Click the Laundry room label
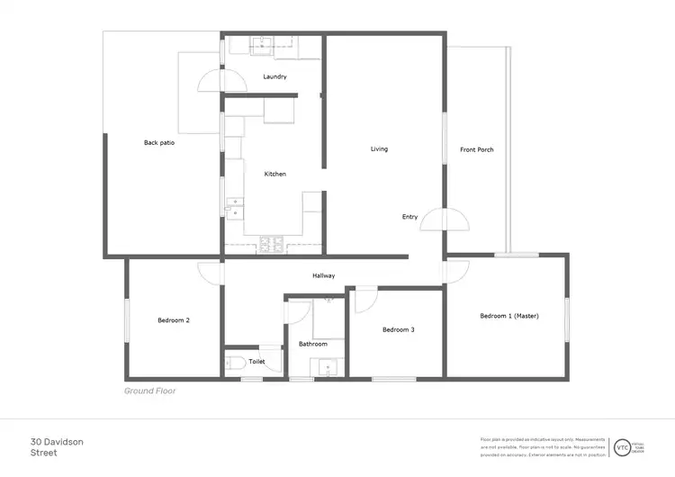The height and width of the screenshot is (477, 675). pos(274,76)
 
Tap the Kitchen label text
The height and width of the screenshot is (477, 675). pos(274,174)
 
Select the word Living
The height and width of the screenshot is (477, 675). pos(379,148)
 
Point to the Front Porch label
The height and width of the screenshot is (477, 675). pos(476,149)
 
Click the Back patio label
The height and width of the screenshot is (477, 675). pos(159,142)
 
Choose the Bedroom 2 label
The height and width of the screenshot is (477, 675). pos(173,319)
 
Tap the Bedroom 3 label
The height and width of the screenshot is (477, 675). pos(398,329)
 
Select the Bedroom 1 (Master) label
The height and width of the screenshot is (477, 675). pos(508,315)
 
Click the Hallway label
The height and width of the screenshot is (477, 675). pos(324,275)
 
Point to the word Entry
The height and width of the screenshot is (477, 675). pos(409,217)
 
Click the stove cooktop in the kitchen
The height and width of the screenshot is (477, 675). pos(272,243)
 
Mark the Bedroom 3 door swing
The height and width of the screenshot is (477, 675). pos(365,300)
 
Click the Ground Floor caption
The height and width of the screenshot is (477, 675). pos(149,391)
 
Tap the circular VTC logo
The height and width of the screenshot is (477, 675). pos(622,446)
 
